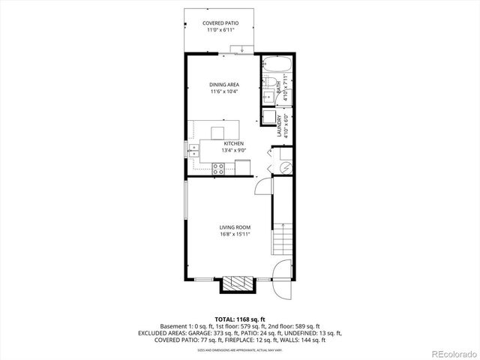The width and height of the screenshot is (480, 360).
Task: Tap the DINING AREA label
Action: (223, 85)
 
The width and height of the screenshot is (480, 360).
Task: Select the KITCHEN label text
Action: (234, 142)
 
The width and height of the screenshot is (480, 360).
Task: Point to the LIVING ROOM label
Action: (235, 226)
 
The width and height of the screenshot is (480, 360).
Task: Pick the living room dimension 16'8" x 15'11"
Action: (235, 234)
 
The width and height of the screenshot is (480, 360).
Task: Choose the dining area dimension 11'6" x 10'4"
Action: (223, 92)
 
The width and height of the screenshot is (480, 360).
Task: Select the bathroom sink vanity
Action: (266, 96)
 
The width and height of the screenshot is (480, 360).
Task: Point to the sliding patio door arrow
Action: (242, 49)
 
